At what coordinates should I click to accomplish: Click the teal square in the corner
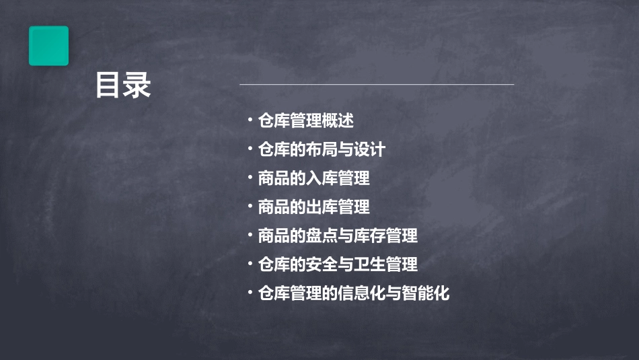48,46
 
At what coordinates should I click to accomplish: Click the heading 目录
122,85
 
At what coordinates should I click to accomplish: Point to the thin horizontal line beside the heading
377,85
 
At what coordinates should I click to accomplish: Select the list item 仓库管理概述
306,121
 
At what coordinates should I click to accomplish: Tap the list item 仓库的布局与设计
322,149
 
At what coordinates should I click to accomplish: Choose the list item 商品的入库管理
313,178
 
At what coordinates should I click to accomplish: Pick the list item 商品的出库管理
313,207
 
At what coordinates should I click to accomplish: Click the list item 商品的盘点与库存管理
338,236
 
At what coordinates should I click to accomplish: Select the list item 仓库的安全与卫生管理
338,264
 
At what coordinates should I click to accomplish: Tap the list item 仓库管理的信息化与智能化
353,293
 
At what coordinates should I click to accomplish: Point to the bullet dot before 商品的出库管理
250,206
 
